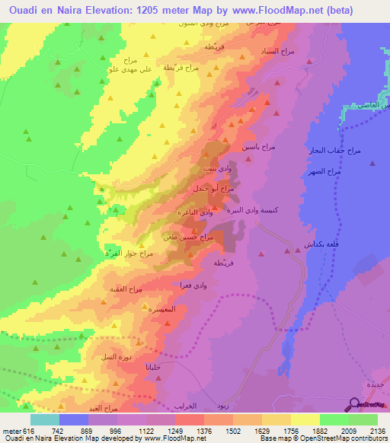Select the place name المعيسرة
pos(162,310)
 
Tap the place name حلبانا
pos(157,368)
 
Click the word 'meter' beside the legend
pos(10,430)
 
